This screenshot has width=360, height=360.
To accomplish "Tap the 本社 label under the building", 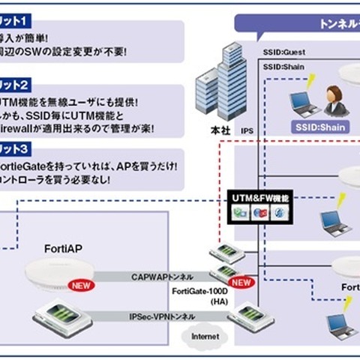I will pos(221,130).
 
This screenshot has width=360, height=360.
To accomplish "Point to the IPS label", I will pos(247,130).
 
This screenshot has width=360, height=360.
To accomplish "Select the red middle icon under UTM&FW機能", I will pos(259,212).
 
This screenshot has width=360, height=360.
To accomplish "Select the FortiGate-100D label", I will pos(202,289).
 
